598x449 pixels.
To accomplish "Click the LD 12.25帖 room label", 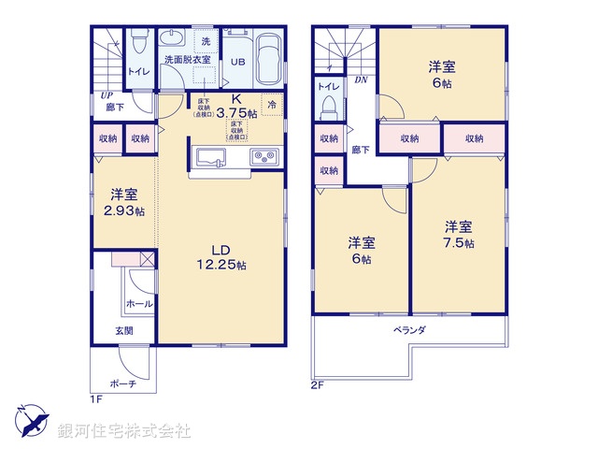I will click(x=221, y=257).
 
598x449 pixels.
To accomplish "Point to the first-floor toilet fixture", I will click(x=138, y=43).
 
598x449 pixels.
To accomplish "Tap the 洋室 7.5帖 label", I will click(x=458, y=235).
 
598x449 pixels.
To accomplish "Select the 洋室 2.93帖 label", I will click(x=125, y=203).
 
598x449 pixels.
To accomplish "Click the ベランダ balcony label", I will click(x=409, y=329).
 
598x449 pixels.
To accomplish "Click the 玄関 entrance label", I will click(x=124, y=330).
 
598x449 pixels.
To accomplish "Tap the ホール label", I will click(x=140, y=304).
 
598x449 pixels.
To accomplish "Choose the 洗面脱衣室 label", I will click(x=187, y=60).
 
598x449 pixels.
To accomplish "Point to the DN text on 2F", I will click(x=361, y=81).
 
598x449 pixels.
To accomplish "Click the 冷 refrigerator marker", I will click(x=272, y=105).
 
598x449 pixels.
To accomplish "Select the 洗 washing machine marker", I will click(x=206, y=42).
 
